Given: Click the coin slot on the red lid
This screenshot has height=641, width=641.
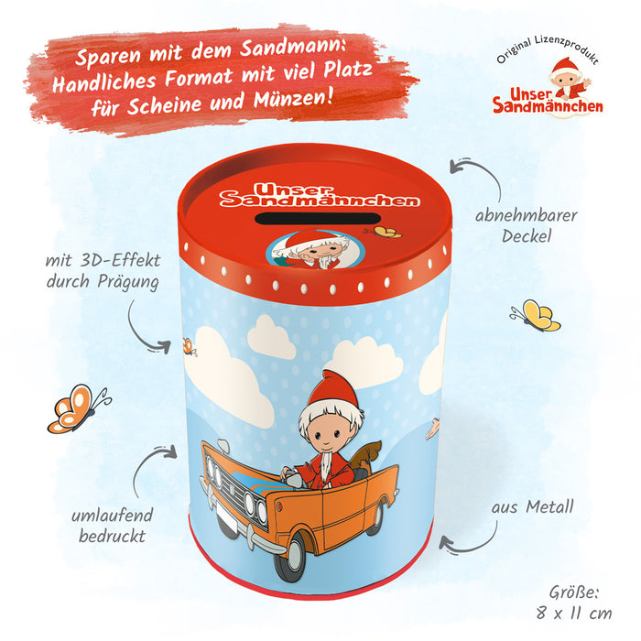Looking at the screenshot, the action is click(318, 218).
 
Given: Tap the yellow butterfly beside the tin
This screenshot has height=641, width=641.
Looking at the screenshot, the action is click(536, 315).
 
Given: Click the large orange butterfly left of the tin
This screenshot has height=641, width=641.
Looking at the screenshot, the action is click(78, 408).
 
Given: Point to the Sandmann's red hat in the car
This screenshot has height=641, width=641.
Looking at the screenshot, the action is click(333, 390).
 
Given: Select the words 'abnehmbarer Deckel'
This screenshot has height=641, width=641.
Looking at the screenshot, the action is click(527, 225).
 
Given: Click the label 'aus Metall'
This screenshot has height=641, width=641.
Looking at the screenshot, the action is click(532, 507).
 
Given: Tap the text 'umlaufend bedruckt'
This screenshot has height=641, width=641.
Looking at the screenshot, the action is click(112, 526).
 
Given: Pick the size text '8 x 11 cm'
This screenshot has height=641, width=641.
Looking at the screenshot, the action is click(574, 613).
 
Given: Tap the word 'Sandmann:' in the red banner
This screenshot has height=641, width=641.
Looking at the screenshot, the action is click(293, 48).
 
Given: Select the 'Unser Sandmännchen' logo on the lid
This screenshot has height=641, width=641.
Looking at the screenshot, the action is click(320, 195).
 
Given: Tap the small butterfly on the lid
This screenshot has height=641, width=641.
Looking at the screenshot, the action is click(384, 233).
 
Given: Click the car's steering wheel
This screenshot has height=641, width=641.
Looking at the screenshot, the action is click(295, 477).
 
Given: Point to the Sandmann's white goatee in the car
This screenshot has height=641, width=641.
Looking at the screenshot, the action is click(325, 466).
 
